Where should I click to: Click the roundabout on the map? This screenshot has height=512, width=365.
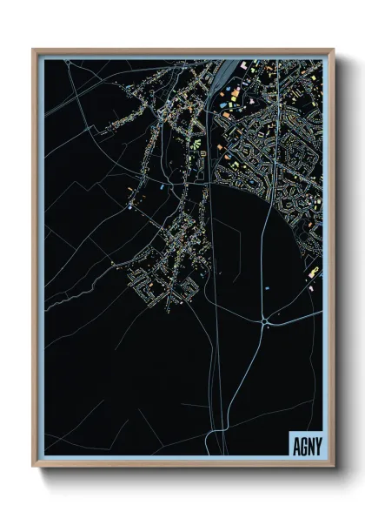[x=263, y=322]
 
